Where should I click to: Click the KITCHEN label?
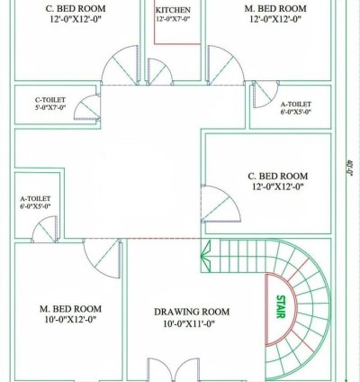click(172, 10)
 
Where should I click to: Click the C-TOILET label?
click(49, 100)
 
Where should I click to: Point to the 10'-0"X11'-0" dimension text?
click(177, 325)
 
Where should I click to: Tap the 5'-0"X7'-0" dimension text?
click(49, 108)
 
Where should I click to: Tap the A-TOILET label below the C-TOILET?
click(34, 198)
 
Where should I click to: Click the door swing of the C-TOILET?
click(86, 111)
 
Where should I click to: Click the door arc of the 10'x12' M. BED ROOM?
click(104, 260)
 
